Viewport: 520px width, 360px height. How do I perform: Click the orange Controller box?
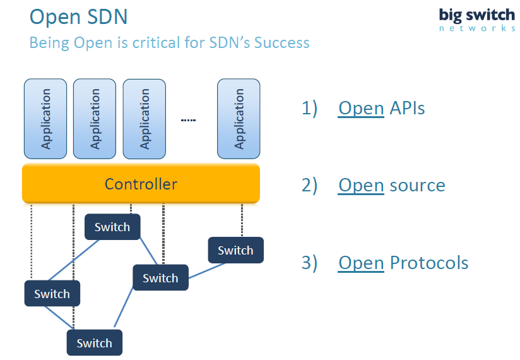point(141,184)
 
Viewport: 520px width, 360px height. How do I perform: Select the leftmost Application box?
point(45,119)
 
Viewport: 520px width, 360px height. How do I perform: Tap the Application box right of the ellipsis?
point(239,119)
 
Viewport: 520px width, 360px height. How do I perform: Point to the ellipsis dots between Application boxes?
point(188,120)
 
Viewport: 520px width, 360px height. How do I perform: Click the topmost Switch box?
point(112,227)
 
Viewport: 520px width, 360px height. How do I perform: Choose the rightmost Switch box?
point(235,250)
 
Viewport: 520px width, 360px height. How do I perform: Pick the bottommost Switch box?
point(94,343)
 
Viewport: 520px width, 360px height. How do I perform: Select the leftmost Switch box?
point(52,294)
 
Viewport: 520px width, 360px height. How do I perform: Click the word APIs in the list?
point(407,108)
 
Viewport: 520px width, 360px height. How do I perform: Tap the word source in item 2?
point(417,185)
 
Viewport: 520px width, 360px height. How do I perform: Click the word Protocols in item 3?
point(429,262)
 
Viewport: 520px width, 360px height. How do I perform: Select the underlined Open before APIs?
point(361,108)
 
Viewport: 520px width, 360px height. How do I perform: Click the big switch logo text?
point(477,15)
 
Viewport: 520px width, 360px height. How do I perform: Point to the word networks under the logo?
point(477,28)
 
